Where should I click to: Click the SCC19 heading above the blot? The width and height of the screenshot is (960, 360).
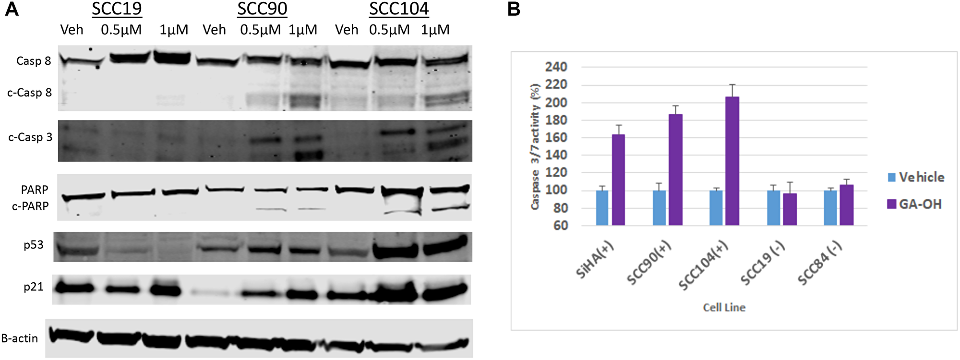[x=117, y=9]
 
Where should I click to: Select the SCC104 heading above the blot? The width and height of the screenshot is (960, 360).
[x=398, y=9]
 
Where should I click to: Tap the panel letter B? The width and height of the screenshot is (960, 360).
[x=514, y=9]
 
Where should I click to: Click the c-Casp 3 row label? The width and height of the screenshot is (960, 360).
[x=30, y=137]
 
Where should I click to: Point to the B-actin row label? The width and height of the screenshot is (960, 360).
[x=20, y=338]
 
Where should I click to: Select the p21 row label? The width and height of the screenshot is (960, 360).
[x=34, y=287]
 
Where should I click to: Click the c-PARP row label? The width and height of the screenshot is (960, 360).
[x=30, y=206]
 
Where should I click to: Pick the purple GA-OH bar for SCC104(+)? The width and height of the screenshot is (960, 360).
[x=732, y=161]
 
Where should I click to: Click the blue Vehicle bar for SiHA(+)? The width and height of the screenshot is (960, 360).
[x=602, y=207]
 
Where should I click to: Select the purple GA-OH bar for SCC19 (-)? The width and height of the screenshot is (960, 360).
[x=790, y=209]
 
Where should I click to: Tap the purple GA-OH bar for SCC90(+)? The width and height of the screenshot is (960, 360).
[x=675, y=169]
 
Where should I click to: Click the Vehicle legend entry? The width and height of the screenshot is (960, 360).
[x=916, y=177]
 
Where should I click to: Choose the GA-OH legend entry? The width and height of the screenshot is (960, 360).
[x=914, y=204]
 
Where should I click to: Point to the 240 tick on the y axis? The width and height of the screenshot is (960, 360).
[x=556, y=67]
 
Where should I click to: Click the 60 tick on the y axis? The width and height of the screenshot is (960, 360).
[x=560, y=226]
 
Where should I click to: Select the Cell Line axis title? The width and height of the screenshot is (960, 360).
[x=724, y=307]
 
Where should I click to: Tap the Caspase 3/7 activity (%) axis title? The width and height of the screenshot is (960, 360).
[x=535, y=146]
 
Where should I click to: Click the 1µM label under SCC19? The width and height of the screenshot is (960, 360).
[x=174, y=30]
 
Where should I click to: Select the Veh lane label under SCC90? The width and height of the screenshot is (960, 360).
[x=214, y=30]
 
